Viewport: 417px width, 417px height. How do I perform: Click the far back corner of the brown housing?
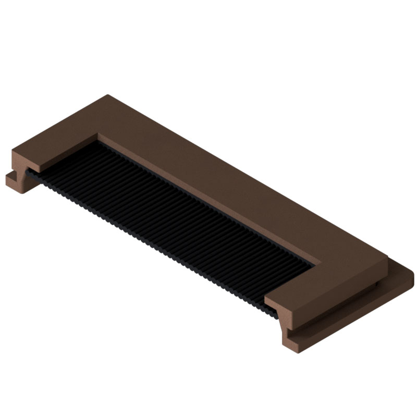click(x=108, y=95)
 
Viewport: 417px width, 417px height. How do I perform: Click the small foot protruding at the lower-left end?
click(x=14, y=181)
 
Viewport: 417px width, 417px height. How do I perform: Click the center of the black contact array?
click(x=172, y=224)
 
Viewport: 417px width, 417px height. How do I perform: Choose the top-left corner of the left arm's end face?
click(x=13, y=152)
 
